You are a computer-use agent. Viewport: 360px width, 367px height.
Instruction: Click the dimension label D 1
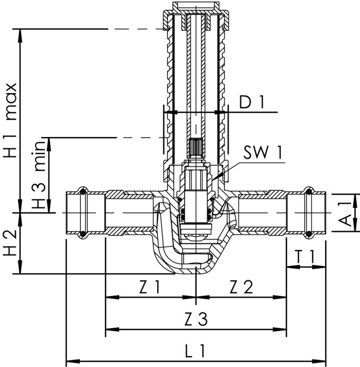[251, 103]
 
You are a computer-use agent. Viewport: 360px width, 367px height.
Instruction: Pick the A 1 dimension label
[345, 212]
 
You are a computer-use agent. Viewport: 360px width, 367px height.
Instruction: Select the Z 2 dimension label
[241, 287]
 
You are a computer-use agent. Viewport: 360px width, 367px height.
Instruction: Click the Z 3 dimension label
[196, 319]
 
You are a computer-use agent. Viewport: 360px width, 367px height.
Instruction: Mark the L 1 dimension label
[196, 350]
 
